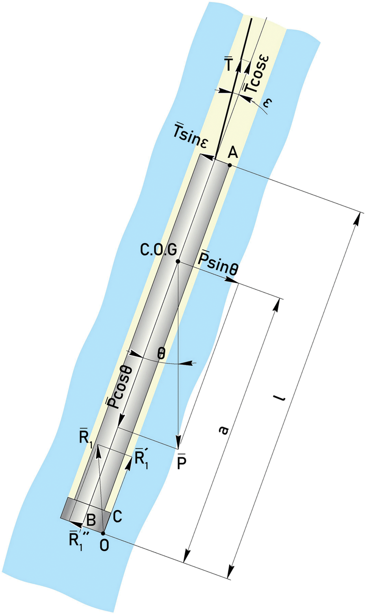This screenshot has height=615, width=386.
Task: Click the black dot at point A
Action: [x=230, y=165]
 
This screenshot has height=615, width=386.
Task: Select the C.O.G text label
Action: [x=158, y=250]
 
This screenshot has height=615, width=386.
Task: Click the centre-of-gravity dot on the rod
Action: [x=178, y=261]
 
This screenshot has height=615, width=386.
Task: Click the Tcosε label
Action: [x=255, y=75]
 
